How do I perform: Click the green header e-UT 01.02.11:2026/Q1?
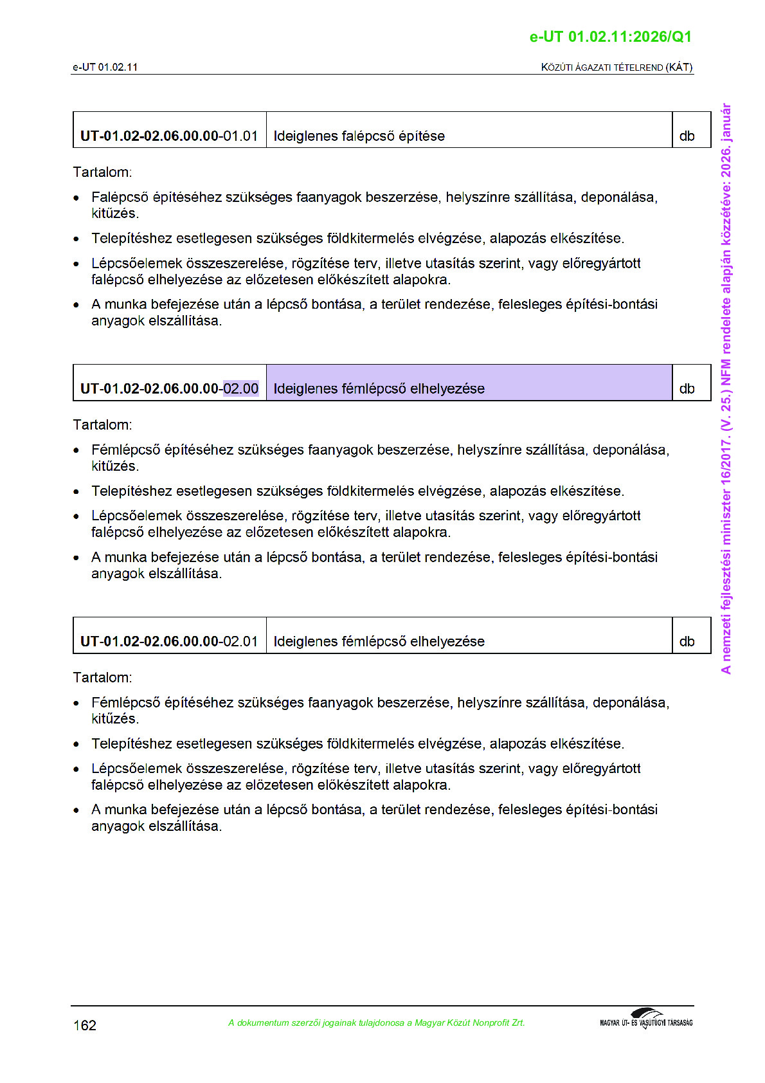[610, 37]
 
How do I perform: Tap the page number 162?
[85, 1025]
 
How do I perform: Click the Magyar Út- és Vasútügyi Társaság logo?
[646, 1019]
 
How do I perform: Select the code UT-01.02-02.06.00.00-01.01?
[169, 136]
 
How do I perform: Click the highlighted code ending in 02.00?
[240, 389]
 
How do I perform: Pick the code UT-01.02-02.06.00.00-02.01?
[169, 642]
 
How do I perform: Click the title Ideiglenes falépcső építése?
[359, 136]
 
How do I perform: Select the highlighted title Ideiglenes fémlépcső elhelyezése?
[379, 389]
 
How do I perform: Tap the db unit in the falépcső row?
[687, 136]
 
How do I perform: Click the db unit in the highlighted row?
[687, 389]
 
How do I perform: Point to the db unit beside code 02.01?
[687, 642]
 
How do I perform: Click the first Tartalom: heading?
[102, 172]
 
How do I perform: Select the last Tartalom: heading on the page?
[102, 678]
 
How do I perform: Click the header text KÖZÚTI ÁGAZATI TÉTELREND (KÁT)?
[616, 68]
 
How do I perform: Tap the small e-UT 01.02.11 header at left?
[105, 68]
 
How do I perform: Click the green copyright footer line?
[376, 1023]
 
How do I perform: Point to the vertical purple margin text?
[726, 388]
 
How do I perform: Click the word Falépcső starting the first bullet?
[119, 197]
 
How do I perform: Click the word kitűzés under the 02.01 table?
[114, 719]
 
